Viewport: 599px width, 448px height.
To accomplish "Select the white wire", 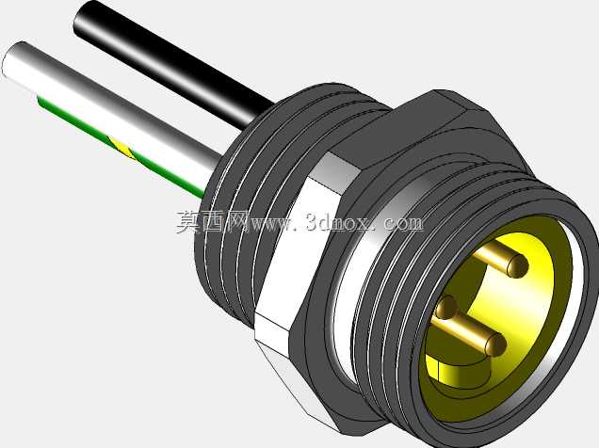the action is click(111, 111).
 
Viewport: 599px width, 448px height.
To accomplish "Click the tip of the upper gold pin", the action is click(518, 265).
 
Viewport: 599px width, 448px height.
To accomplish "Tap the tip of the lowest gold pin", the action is click(495, 344).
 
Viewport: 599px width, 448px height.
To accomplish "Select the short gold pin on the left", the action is click(445, 307).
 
